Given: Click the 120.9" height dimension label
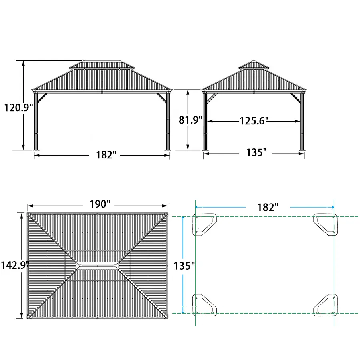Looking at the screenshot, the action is tap(19, 108).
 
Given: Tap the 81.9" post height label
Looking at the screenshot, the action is tap(190, 120).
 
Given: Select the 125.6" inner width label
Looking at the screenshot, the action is tap(254, 121).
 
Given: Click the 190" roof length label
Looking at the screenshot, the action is tap(100, 204).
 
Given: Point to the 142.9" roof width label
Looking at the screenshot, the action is tap(15, 265).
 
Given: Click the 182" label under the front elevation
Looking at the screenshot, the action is tap(106, 155).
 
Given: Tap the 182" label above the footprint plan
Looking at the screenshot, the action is tap(268, 207).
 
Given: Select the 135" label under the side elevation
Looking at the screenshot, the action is tap(256, 152).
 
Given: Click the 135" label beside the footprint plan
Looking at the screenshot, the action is tap(184, 266).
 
